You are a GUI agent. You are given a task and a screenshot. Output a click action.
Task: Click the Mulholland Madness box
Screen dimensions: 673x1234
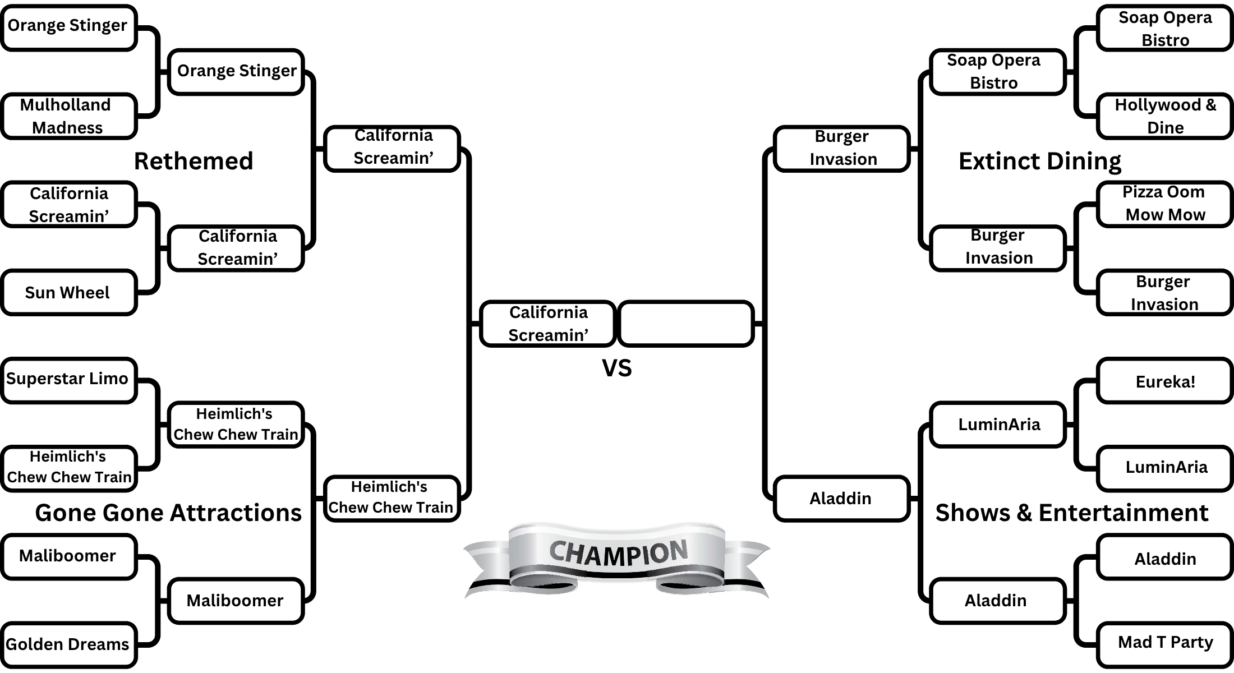coord(68,116)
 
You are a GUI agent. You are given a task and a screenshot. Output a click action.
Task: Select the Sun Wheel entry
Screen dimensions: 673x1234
coord(68,292)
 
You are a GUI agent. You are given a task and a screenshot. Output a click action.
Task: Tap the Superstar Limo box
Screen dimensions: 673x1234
coord(68,380)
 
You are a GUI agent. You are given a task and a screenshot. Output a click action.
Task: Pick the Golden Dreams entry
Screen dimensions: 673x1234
coord(68,644)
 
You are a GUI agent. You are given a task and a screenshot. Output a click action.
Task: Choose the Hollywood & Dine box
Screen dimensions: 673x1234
coord(1164,116)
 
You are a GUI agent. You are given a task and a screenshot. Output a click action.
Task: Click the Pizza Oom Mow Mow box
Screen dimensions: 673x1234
coord(1164,204)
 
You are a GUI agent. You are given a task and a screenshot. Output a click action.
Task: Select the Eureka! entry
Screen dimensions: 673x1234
coord(1164,381)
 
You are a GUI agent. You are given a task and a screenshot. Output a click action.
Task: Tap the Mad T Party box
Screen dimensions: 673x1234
coord(1164,643)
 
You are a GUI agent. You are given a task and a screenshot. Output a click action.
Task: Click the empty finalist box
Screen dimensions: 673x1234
coord(685,324)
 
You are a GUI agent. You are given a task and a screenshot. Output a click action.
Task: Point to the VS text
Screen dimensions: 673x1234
coord(616,368)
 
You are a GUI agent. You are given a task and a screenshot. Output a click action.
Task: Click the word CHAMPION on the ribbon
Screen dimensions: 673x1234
coord(618,552)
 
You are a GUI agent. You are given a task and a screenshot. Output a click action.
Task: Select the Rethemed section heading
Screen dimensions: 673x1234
coord(194,162)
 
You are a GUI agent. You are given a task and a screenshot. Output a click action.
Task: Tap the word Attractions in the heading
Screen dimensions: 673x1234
coord(236,513)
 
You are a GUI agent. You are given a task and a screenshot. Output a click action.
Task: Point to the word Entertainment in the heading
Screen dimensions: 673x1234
coord(1123,513)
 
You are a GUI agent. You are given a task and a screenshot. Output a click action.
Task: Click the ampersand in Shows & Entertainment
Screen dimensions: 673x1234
coord(1024,513)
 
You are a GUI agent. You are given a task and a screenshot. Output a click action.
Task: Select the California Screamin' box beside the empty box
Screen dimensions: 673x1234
coord(548,324)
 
